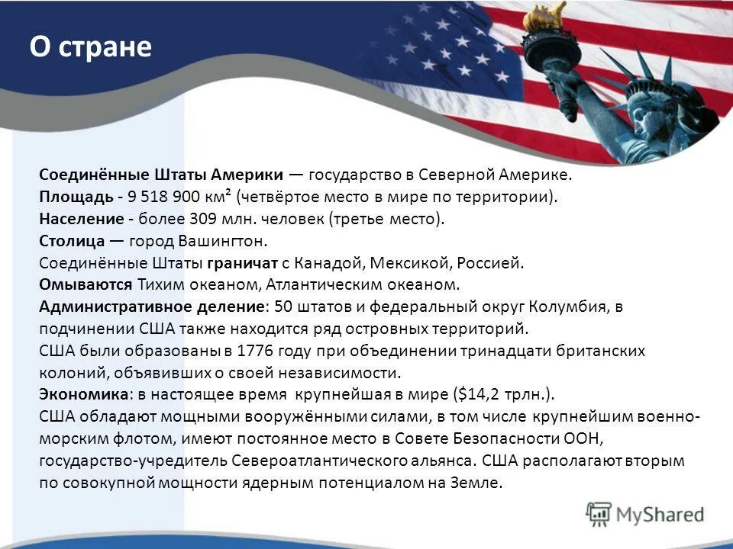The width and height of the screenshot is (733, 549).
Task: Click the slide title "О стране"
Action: coord(91,47)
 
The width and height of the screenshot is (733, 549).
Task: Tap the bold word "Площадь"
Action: coord(76,197)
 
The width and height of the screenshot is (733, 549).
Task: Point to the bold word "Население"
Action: coord(81,219)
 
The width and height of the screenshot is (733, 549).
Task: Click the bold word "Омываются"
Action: coord(86,285)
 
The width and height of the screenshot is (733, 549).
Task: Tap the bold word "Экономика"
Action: coord(83,395)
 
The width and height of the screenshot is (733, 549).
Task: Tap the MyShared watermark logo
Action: coord(645,515)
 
